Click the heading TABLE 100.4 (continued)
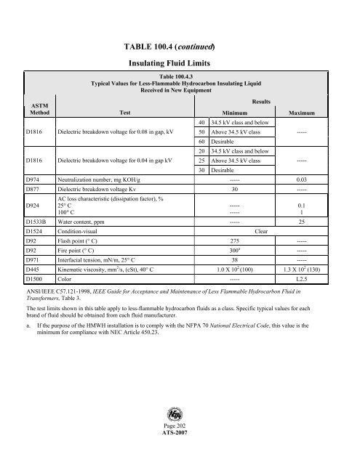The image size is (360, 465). click(179, 48)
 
